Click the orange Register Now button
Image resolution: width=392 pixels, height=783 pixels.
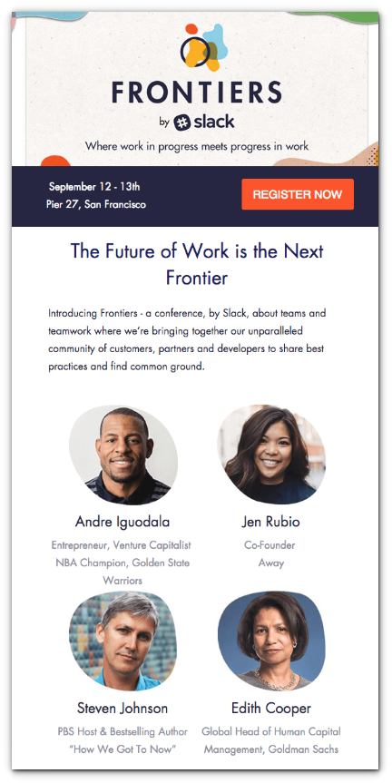[298, 194]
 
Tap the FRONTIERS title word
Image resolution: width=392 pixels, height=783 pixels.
[197, 93]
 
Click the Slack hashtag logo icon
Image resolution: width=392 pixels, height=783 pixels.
[181, 122]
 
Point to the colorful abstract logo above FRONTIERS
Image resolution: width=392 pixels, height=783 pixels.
[203, 47]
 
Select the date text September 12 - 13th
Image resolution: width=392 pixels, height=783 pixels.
[94, 187]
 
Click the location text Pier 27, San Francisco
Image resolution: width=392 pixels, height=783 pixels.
[96, 204]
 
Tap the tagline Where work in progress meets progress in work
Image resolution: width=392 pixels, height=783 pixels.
[197, 146]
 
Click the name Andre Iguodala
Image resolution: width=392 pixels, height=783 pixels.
[122, 522]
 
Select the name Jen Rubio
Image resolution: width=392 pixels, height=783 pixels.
[270, 522]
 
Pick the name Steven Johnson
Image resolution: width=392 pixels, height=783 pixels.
[122, 708]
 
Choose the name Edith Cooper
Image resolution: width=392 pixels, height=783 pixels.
[271, 708]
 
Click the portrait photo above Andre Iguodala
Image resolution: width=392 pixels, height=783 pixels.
[122, 455]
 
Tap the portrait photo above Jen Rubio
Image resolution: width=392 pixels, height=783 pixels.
[271, 454]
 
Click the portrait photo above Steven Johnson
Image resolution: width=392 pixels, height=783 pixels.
[122, 641]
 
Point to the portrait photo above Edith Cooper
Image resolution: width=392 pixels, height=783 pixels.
[271, 641]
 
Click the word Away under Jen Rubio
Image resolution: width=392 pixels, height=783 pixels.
[271, 563]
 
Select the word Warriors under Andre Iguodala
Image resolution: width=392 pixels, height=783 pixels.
[122, 581]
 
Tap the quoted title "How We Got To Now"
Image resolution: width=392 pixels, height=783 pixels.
[122, 749]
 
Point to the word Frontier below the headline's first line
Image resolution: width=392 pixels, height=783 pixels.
[197, 278]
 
